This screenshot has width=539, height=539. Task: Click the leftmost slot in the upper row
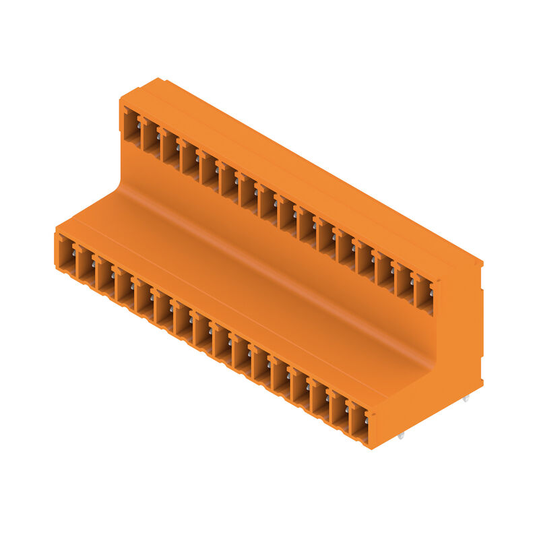131,125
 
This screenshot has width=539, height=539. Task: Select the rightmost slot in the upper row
424,294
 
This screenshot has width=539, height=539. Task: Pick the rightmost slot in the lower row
359,424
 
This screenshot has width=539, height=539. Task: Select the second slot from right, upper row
404,283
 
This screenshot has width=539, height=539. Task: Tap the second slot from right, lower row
340,413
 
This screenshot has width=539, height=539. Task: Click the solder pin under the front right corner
402,437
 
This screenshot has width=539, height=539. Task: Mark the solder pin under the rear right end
466,400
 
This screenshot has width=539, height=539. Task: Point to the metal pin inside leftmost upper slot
139,123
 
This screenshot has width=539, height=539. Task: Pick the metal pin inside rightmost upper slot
431,291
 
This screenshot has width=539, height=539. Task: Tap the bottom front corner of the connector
371,449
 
